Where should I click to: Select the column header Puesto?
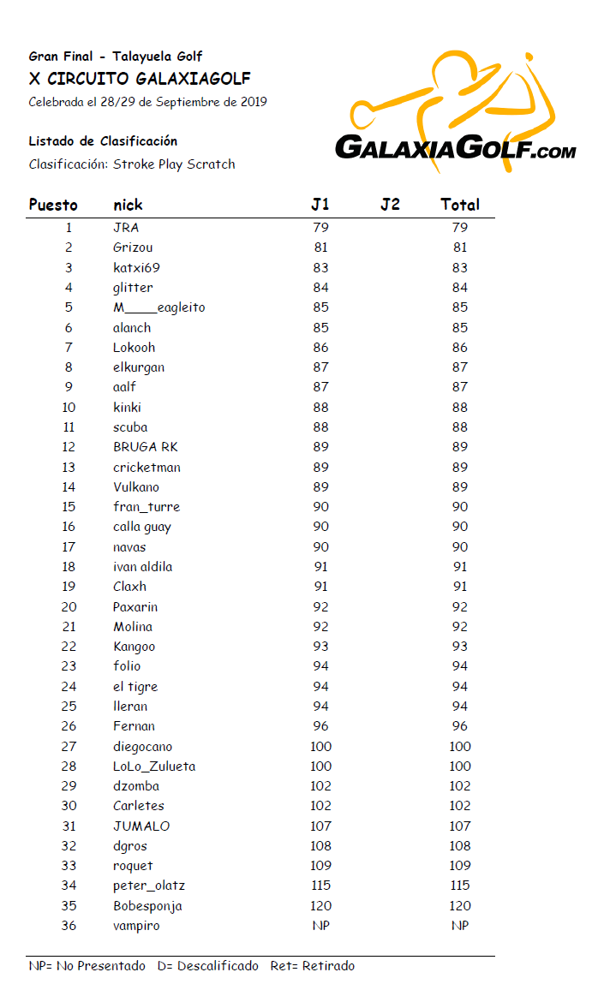point(53,205)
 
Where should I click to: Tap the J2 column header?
point(390,205)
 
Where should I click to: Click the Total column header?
point(460,205)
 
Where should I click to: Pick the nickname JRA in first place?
point(126,228)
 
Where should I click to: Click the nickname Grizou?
point(133,248)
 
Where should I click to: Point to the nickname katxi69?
point(136,267)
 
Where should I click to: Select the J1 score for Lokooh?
point(320,348)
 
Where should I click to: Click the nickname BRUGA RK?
point(146,447)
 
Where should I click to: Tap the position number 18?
point(69,567)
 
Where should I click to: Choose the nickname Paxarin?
point(135,607)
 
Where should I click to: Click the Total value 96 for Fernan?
point(460,726)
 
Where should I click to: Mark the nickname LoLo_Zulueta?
point(154,766)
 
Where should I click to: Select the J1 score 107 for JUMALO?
point(320,826)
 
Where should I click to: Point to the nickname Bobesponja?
point(147,906)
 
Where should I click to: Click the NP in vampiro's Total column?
point(460,926)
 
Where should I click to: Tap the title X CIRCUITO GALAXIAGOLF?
point(140,79)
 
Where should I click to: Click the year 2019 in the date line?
point(253,102)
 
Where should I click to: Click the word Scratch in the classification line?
point(211,164)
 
